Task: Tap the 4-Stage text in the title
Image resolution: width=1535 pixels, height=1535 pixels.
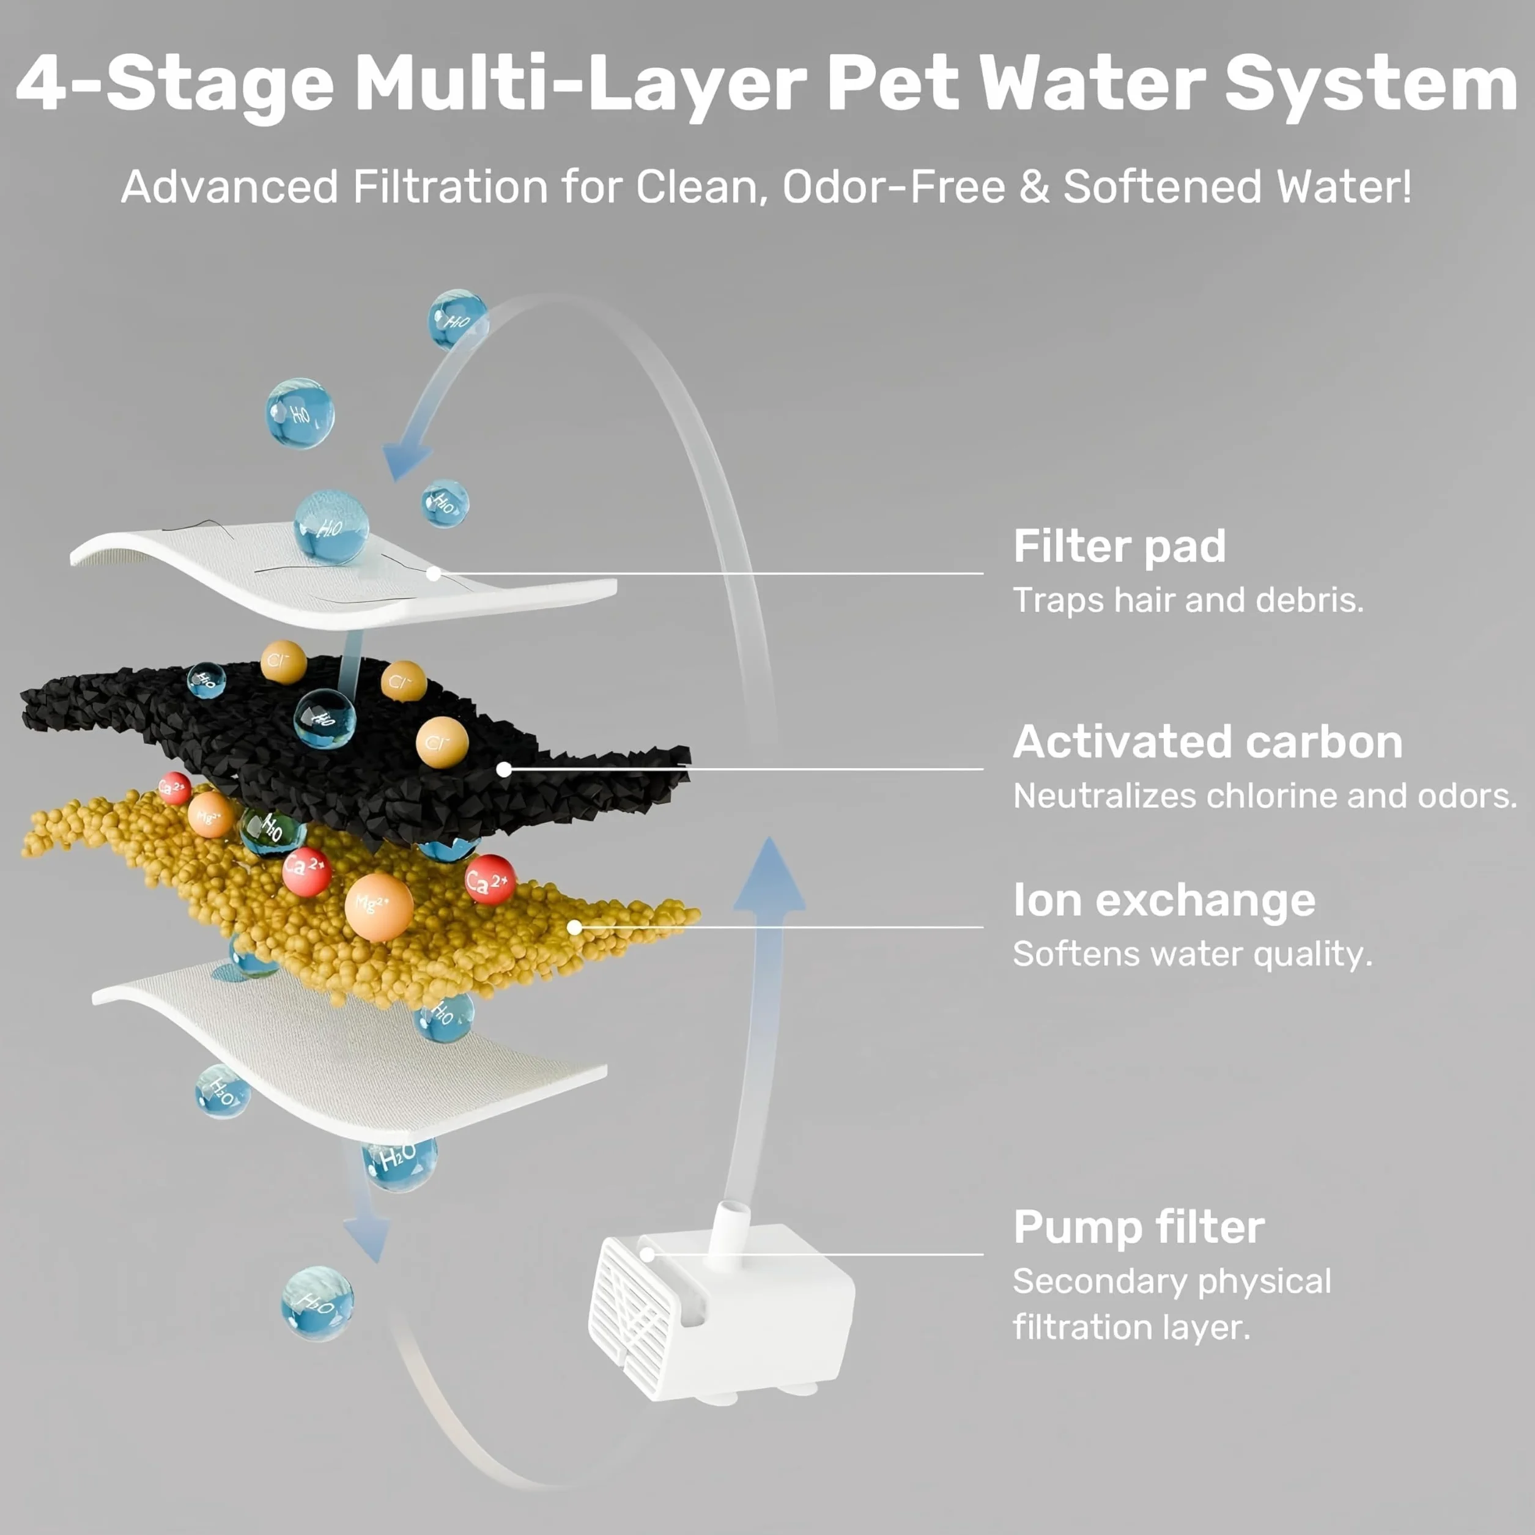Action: [x=175, y=84]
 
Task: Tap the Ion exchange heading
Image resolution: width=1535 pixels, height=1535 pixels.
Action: [x=1164, y=900]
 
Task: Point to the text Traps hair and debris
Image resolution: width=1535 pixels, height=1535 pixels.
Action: [x=1188, y=601]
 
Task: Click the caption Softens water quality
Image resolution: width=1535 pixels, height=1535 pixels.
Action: [x=1193, y=954]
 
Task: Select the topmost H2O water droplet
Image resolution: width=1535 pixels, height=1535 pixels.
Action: [x=457, y=319]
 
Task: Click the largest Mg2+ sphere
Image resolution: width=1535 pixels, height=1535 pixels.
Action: [x=379, y=908]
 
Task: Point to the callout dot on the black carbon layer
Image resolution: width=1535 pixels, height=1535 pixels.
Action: [x=504, y=769]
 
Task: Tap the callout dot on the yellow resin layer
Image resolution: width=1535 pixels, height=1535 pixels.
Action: [x=574, y=927]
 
